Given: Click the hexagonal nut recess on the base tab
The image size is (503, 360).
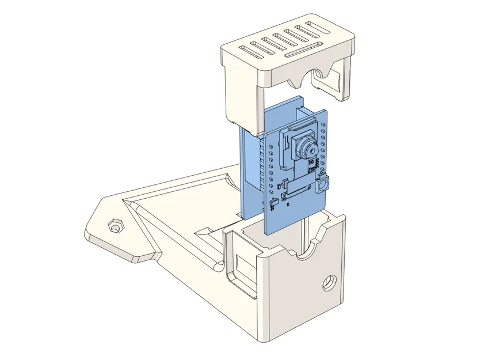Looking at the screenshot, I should (115, 225).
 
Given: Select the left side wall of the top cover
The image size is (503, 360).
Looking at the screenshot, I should (239, 92).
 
